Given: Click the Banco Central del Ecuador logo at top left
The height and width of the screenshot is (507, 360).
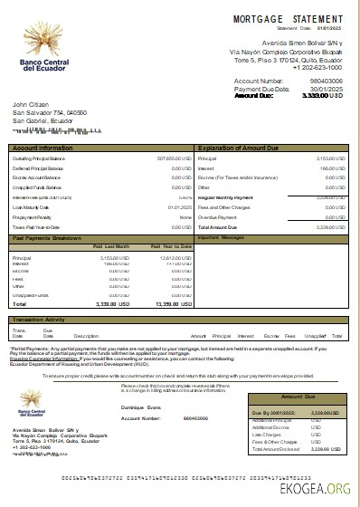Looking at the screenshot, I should [x=42, y=55].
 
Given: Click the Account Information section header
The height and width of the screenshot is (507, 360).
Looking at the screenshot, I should [x=43, y=147].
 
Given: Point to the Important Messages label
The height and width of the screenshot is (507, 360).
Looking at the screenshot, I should [x=221, y=237].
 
